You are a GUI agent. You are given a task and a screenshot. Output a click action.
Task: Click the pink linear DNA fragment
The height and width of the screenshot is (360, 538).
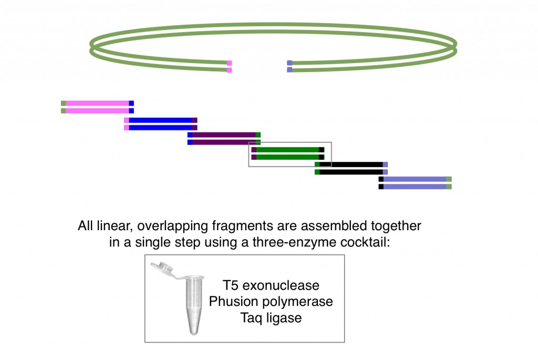pos(97,107)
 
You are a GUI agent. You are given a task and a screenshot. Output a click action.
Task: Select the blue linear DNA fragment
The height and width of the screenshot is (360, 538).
pos(161,124)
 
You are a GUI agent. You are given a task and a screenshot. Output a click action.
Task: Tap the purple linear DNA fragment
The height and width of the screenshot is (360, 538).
pos(224,138)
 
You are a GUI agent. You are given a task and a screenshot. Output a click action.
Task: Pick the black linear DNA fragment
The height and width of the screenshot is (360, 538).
pos(351,168)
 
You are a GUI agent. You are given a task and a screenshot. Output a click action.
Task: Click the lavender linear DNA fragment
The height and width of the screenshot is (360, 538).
pos(415,183)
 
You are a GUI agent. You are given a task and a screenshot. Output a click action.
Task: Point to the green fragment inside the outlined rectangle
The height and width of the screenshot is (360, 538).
pos(288,153)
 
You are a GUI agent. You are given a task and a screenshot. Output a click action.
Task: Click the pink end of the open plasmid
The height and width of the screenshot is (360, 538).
pos(229,67)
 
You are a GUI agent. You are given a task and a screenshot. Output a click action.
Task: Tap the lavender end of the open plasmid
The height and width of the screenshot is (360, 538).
pos(289,66)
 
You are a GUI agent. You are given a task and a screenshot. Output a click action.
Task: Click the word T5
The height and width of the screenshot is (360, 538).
pos(231,285)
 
